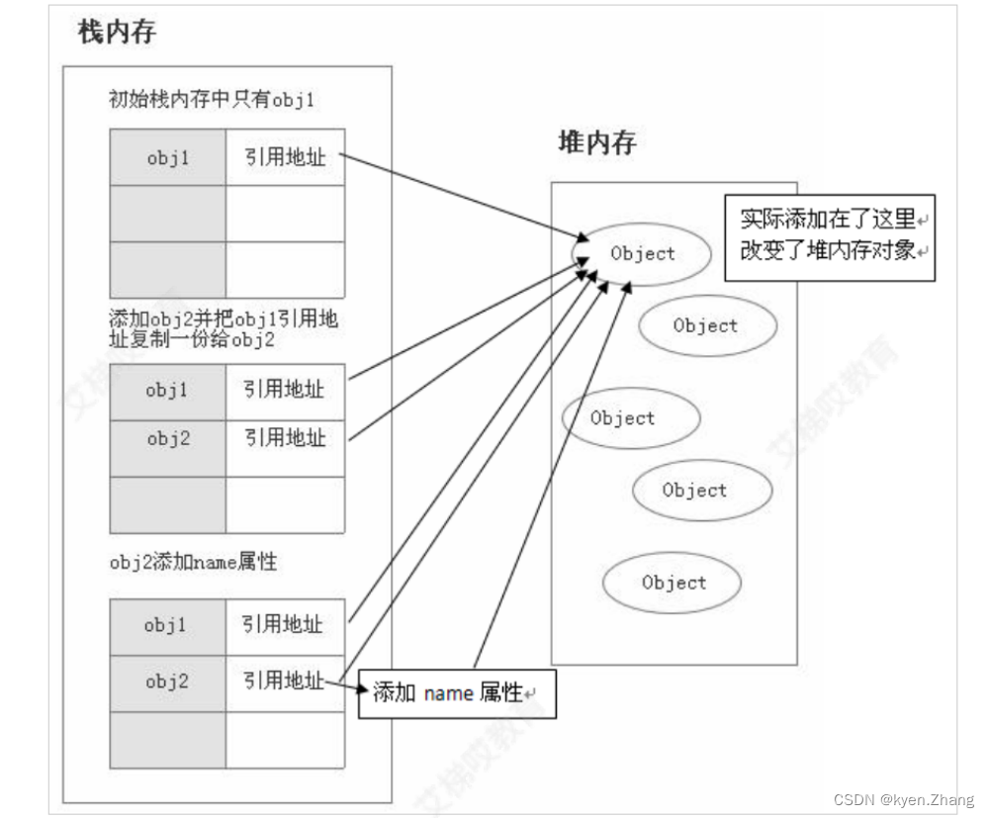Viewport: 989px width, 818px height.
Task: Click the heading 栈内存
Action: coord(117,33)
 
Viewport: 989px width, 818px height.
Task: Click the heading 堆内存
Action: coord(596,142)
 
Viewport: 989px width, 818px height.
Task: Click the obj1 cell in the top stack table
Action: coord(167,156)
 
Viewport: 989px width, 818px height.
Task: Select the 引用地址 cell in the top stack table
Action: coord(285,156)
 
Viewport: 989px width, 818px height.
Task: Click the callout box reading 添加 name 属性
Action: coord(455,692)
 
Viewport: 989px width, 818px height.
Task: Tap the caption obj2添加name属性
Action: coord(193,563)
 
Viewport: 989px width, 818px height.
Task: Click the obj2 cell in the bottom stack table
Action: coord(167,682)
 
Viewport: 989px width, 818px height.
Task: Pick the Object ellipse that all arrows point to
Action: coord(642,253)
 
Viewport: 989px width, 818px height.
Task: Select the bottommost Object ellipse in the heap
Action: coord(673,583)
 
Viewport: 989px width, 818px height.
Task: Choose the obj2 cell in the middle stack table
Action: coord(167,439)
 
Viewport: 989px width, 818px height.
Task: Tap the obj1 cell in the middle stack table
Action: coord(167,390)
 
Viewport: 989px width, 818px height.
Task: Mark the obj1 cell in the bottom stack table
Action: coord(167,625)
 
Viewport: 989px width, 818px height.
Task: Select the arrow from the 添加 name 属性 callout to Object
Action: coord(549,475)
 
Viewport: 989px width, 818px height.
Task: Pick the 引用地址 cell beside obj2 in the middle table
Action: coord(285,439)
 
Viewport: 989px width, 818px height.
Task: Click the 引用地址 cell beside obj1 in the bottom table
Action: coord(285,625)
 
